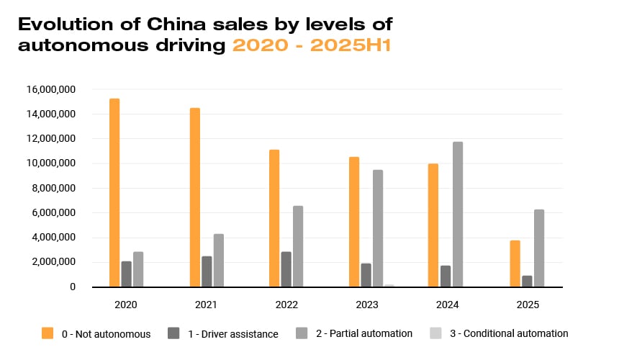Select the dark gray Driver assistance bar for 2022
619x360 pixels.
(286, 269)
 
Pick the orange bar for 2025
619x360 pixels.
(515, 264)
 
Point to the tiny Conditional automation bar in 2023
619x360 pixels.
(389, 286)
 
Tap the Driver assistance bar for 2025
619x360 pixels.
(527, 281)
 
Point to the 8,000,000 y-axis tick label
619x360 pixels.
(53, 188)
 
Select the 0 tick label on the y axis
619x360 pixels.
(73, 287)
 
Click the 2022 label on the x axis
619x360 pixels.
(286, 305)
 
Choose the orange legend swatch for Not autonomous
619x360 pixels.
(48, 333)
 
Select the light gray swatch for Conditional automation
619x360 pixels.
(435, 333)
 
